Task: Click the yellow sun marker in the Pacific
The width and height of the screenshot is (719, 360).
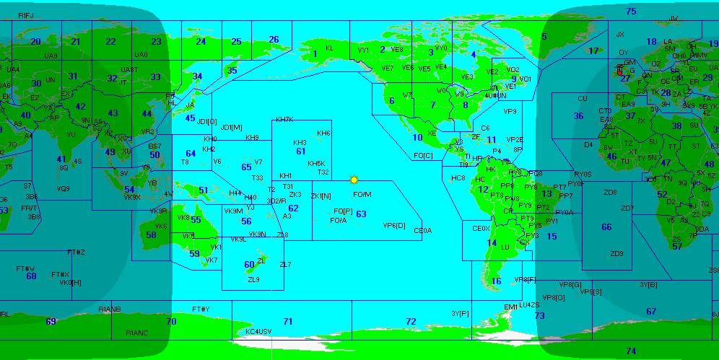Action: click(x=354, y=180)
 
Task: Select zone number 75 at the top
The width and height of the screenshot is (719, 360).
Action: click(x=631, y=12)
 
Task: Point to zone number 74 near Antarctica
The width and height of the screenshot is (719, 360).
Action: click(x=631, y=351)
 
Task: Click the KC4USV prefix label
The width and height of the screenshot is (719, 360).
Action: click(x=258, y=331)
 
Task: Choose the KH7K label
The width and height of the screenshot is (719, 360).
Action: click(x=284, y=120)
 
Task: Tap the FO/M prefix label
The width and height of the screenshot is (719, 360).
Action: click(x=362, y=195)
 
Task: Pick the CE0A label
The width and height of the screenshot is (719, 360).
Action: click(x=422, y=231)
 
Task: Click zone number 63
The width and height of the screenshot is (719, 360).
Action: click(x=361, y=214)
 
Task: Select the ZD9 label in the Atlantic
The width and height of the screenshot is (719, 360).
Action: click(x=616, y=254)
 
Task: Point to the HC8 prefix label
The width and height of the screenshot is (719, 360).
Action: click(x=458, y=178)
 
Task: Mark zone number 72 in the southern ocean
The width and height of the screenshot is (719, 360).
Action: click(x=411, y=321)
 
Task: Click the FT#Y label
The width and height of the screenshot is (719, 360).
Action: click(x=201, y=309)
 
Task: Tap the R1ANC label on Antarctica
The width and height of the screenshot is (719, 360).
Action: click(x=136, y=333)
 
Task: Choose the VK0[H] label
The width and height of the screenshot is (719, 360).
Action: click(x=70, y=283)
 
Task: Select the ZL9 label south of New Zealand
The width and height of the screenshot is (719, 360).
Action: click(x=253, y=280)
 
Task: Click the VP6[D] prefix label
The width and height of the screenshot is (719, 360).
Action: click(x=394, y=225)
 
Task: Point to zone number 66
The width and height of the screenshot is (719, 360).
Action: click(x=606, y=227)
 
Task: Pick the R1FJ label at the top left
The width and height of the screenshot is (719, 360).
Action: click(x=26, y=15)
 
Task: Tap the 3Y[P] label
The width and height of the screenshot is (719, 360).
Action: click(x=460, y=314)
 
